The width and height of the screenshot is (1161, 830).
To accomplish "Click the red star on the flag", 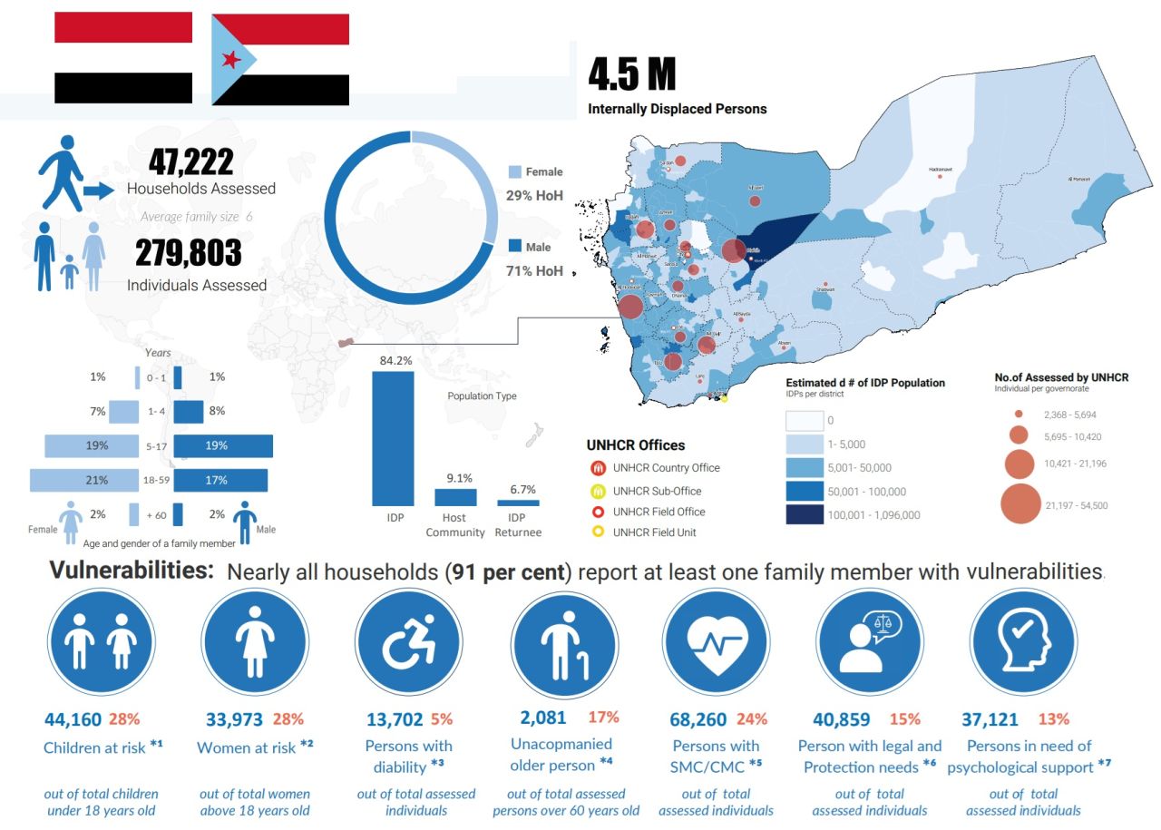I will (230, 60).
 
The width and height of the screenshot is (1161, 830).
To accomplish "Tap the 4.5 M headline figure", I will (631, 74).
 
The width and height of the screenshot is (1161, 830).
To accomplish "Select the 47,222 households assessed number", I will (191, 161).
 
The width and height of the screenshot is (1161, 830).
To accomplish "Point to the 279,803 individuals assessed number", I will (189, 253).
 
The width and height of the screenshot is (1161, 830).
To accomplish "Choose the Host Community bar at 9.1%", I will (455, 497).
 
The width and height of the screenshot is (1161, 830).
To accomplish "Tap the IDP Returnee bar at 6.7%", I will (518, 503).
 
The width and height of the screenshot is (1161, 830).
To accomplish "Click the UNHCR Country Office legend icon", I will (598, 468).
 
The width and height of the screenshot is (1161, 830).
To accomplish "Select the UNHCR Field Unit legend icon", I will (598, 532).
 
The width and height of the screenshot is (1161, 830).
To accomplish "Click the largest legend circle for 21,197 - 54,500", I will (1020, 504).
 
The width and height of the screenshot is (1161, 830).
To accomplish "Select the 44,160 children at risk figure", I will (73, 720).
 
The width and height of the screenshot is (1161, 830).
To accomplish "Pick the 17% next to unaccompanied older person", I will (603, 718).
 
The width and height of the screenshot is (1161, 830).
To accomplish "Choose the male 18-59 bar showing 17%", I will (220, 480).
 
